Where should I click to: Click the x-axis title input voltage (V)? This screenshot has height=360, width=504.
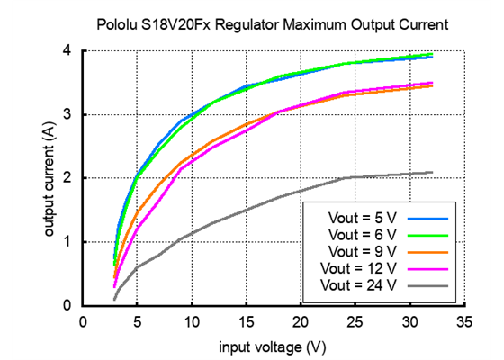273,346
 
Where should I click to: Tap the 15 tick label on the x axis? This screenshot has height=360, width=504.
246,321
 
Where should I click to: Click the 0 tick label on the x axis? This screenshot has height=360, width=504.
83,321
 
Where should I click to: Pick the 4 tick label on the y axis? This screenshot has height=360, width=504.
67,51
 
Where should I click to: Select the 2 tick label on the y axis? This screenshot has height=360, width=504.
67,178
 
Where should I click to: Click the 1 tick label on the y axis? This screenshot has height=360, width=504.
67,242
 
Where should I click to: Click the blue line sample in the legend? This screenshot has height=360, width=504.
428,218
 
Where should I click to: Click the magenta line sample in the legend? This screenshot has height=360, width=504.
428,267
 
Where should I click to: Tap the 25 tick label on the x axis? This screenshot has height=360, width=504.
355,321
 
